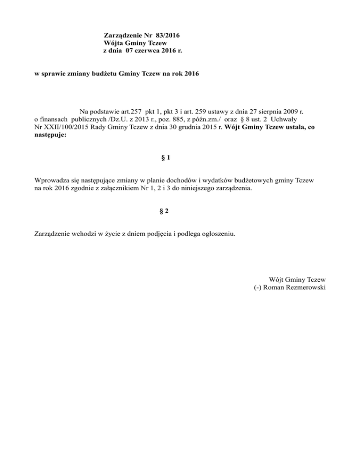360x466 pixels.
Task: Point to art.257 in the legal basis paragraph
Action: point(120,112)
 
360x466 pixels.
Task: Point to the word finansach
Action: point(56,119)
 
